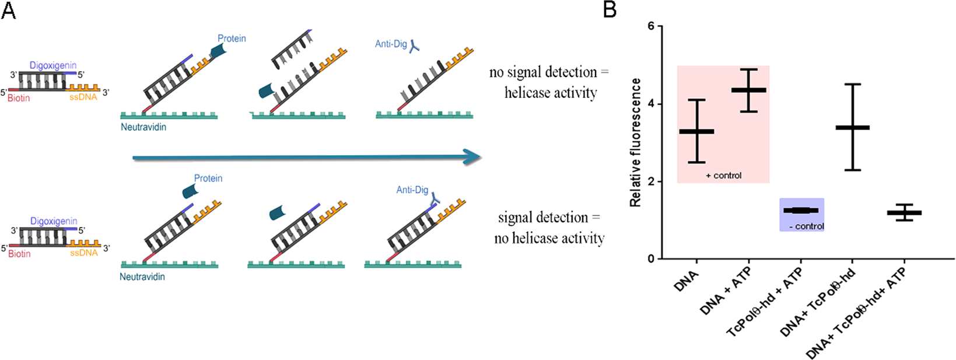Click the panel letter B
click(x=610, y=9)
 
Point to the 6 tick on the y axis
click(x=651, y=26)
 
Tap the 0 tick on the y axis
click(x=651, y=259)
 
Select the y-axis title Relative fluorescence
click(x=635, y=142)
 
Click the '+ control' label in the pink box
click(x=723, y=176)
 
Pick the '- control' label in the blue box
click(x=806, y=226)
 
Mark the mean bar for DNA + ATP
click(x=748, y=90)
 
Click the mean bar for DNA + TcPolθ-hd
click(x=852, y=127)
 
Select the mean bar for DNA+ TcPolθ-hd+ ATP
click(x=904, y=213)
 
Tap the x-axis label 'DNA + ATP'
click(x=727, y=290)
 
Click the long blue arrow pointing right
click(x=306, y=157)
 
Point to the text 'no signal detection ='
click(x=548, y=72)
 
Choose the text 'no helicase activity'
click(x=549, y=238)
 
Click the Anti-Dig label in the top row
click(x=391, y=44)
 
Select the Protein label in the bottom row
click(x=208, y=178)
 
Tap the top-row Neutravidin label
click(x=143, y=127)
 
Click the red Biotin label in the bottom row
click(x=19, y=254)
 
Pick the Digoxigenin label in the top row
click(x=53, y=65)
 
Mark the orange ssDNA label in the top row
click(x=83, y=97)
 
